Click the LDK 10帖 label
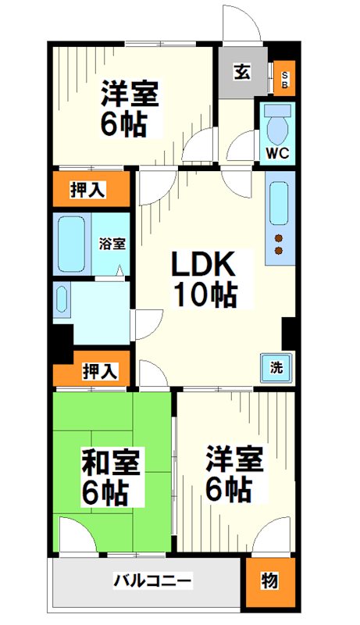205,279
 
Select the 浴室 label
112,243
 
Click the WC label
278,153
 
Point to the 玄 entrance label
241,73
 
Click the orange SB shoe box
285,78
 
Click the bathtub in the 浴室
72,243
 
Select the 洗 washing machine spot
277,367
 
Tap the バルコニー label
152,581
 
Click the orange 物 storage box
269,581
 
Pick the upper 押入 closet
90,189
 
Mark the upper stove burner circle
277,237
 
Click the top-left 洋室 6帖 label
130,109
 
